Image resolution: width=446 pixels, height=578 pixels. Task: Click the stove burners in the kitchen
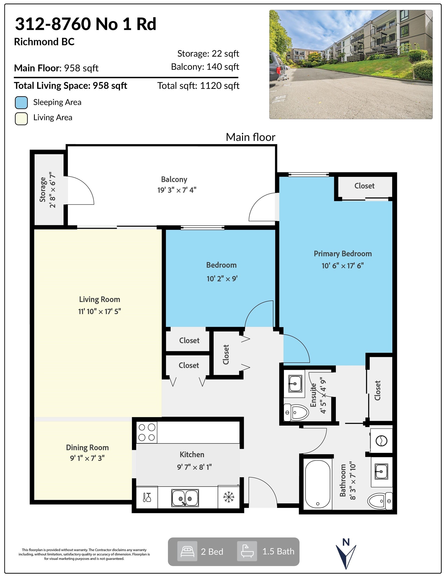click(147, 432)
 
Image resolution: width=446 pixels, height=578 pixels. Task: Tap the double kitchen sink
click(185, 498)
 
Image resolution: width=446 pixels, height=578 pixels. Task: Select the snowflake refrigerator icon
click(229, 497)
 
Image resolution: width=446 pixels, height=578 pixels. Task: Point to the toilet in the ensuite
click(296, 412)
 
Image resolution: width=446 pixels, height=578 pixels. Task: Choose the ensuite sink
click(295, 383)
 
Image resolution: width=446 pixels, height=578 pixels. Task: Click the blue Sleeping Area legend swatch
click(21, 103)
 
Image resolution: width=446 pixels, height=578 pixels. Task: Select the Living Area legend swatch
click(21, 119)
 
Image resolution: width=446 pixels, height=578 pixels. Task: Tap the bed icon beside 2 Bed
click(187, 551)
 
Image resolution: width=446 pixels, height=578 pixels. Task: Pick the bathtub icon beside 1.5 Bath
click(247, 551)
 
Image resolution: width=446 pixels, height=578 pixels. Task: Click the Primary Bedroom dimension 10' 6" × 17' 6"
click(343, 266)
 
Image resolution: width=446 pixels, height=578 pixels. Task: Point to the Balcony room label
click(174, 179)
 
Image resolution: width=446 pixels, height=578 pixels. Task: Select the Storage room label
click(43, 189)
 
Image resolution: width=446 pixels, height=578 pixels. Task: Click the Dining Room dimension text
click(87, 458)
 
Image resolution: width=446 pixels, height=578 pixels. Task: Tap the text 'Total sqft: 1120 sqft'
click(198, 86)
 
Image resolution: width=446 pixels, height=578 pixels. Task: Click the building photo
click(351, 64)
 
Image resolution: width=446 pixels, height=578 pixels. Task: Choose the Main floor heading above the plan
click(250, 137)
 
